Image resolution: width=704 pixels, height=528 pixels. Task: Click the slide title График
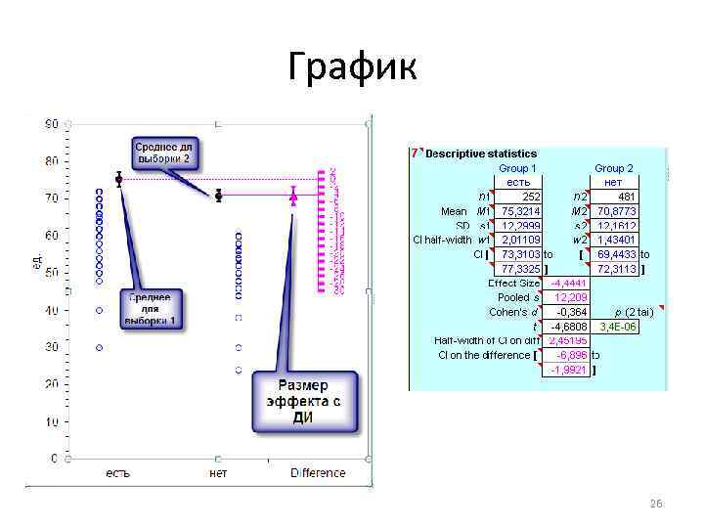[352, 67]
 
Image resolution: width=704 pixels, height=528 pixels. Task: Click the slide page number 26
[656, 503]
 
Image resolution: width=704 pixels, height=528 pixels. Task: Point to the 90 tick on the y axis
[51, 124]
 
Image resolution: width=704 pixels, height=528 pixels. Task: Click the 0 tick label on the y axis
[55, 458]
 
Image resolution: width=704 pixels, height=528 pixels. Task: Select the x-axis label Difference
[318, 473]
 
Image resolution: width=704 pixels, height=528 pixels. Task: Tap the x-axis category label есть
[119, 473]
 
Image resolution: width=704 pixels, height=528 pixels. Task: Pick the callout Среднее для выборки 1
[152, 309]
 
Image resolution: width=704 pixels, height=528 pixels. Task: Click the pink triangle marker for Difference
[293, 197]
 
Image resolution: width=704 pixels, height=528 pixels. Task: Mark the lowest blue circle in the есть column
[99, 347]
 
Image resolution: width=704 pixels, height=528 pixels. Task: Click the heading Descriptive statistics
[481, 154]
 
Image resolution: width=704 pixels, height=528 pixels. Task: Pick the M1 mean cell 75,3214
[522, 210]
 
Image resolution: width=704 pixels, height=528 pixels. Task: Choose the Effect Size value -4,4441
[568, 284]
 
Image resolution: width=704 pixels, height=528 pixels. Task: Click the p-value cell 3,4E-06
[617, 327]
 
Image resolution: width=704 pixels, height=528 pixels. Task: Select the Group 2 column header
[613, 168]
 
